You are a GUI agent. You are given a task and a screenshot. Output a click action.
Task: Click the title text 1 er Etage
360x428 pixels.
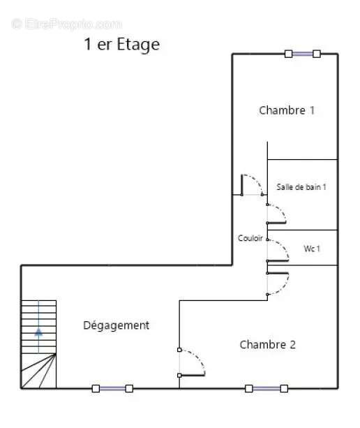pos(122,45)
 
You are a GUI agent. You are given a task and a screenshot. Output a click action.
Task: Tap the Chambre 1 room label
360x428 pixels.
pos(287,110)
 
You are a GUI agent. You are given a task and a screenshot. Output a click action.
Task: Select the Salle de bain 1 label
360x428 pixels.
pos(301,187)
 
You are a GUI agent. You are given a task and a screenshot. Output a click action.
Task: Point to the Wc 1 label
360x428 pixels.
pos(312,249)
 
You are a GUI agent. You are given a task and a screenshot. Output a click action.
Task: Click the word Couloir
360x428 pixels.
pos(250,238)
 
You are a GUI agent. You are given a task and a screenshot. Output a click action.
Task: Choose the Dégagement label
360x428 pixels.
pos(117,325)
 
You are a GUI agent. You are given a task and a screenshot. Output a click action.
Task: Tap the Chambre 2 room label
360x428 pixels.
pos(267,344)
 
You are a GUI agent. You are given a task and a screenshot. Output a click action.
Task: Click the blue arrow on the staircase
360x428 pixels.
pos(38,332)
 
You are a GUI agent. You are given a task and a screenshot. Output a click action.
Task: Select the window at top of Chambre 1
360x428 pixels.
pos(303,54)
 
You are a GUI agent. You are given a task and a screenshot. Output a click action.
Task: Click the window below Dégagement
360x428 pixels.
pos(112,388)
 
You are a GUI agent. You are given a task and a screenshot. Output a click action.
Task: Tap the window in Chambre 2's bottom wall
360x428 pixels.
pos(267,388)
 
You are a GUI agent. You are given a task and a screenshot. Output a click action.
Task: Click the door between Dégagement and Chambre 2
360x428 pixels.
pos(191,362)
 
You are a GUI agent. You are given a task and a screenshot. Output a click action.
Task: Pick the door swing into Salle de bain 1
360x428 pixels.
pos(276,214)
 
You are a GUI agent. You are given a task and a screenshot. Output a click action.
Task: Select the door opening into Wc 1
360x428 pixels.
pos(278,250)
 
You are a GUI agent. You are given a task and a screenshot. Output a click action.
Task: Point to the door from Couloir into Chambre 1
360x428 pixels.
pos(252,185)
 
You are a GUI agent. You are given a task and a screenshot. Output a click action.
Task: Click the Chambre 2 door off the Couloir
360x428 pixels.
pos(278,283)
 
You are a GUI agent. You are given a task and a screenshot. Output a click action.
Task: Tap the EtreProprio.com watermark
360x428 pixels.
pos(67,24)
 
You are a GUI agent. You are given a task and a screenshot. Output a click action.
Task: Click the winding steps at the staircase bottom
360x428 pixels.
pos(38,371)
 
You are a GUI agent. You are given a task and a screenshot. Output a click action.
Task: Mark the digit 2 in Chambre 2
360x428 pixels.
pos(292,344)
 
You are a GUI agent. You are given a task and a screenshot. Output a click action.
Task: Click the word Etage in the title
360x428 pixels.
pos(138,45)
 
